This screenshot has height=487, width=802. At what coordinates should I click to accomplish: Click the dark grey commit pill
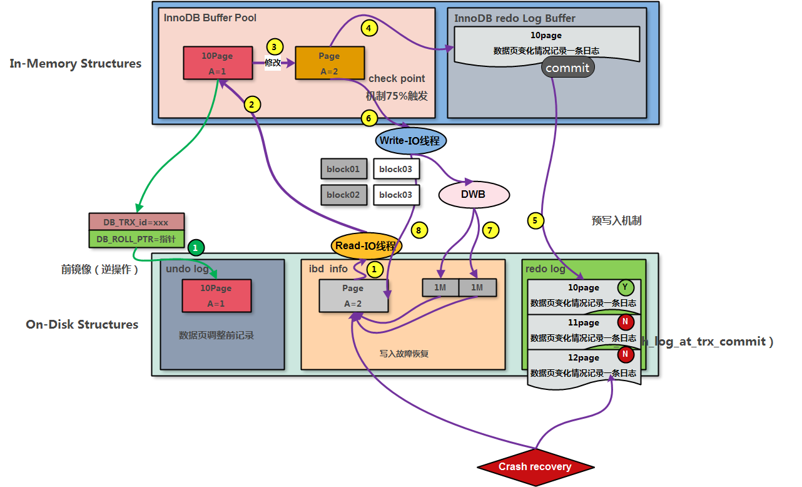[x=568, y=68]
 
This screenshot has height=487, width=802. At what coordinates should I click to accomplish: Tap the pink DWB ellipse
[x=473, y=195]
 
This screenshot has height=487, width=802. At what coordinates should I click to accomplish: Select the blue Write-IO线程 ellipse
[x=411, y=141]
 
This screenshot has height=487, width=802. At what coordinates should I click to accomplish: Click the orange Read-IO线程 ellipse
[x=366, y=246]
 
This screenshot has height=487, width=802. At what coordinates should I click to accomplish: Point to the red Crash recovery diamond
[x=535, y=466]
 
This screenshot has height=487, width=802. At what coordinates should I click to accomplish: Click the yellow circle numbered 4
[x=370, y=28]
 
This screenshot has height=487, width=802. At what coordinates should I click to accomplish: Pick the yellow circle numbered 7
[x=490, y=230]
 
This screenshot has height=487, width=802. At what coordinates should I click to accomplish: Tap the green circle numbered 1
[x=196, y=248]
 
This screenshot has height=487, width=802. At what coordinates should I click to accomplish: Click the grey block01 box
[x=343, y=169]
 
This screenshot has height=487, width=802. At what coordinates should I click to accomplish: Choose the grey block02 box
[x=343, y=195]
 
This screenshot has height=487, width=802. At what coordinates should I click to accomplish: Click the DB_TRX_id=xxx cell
[x=136, y=222]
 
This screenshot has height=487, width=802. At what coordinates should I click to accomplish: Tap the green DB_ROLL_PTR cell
[x=136, y=239]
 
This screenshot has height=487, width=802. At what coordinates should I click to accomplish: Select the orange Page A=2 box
[x=329, y=63]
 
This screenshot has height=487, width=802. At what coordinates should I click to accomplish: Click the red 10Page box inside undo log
[x=216, y=295]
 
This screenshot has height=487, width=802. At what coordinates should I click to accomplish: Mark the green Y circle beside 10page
[x=625, y=287]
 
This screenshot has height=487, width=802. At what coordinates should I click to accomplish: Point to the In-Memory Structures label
[x=76, y=63]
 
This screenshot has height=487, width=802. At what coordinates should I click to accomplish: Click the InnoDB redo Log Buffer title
[x=514, y=18]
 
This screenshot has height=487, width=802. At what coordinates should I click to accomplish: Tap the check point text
[x=397, y=78]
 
